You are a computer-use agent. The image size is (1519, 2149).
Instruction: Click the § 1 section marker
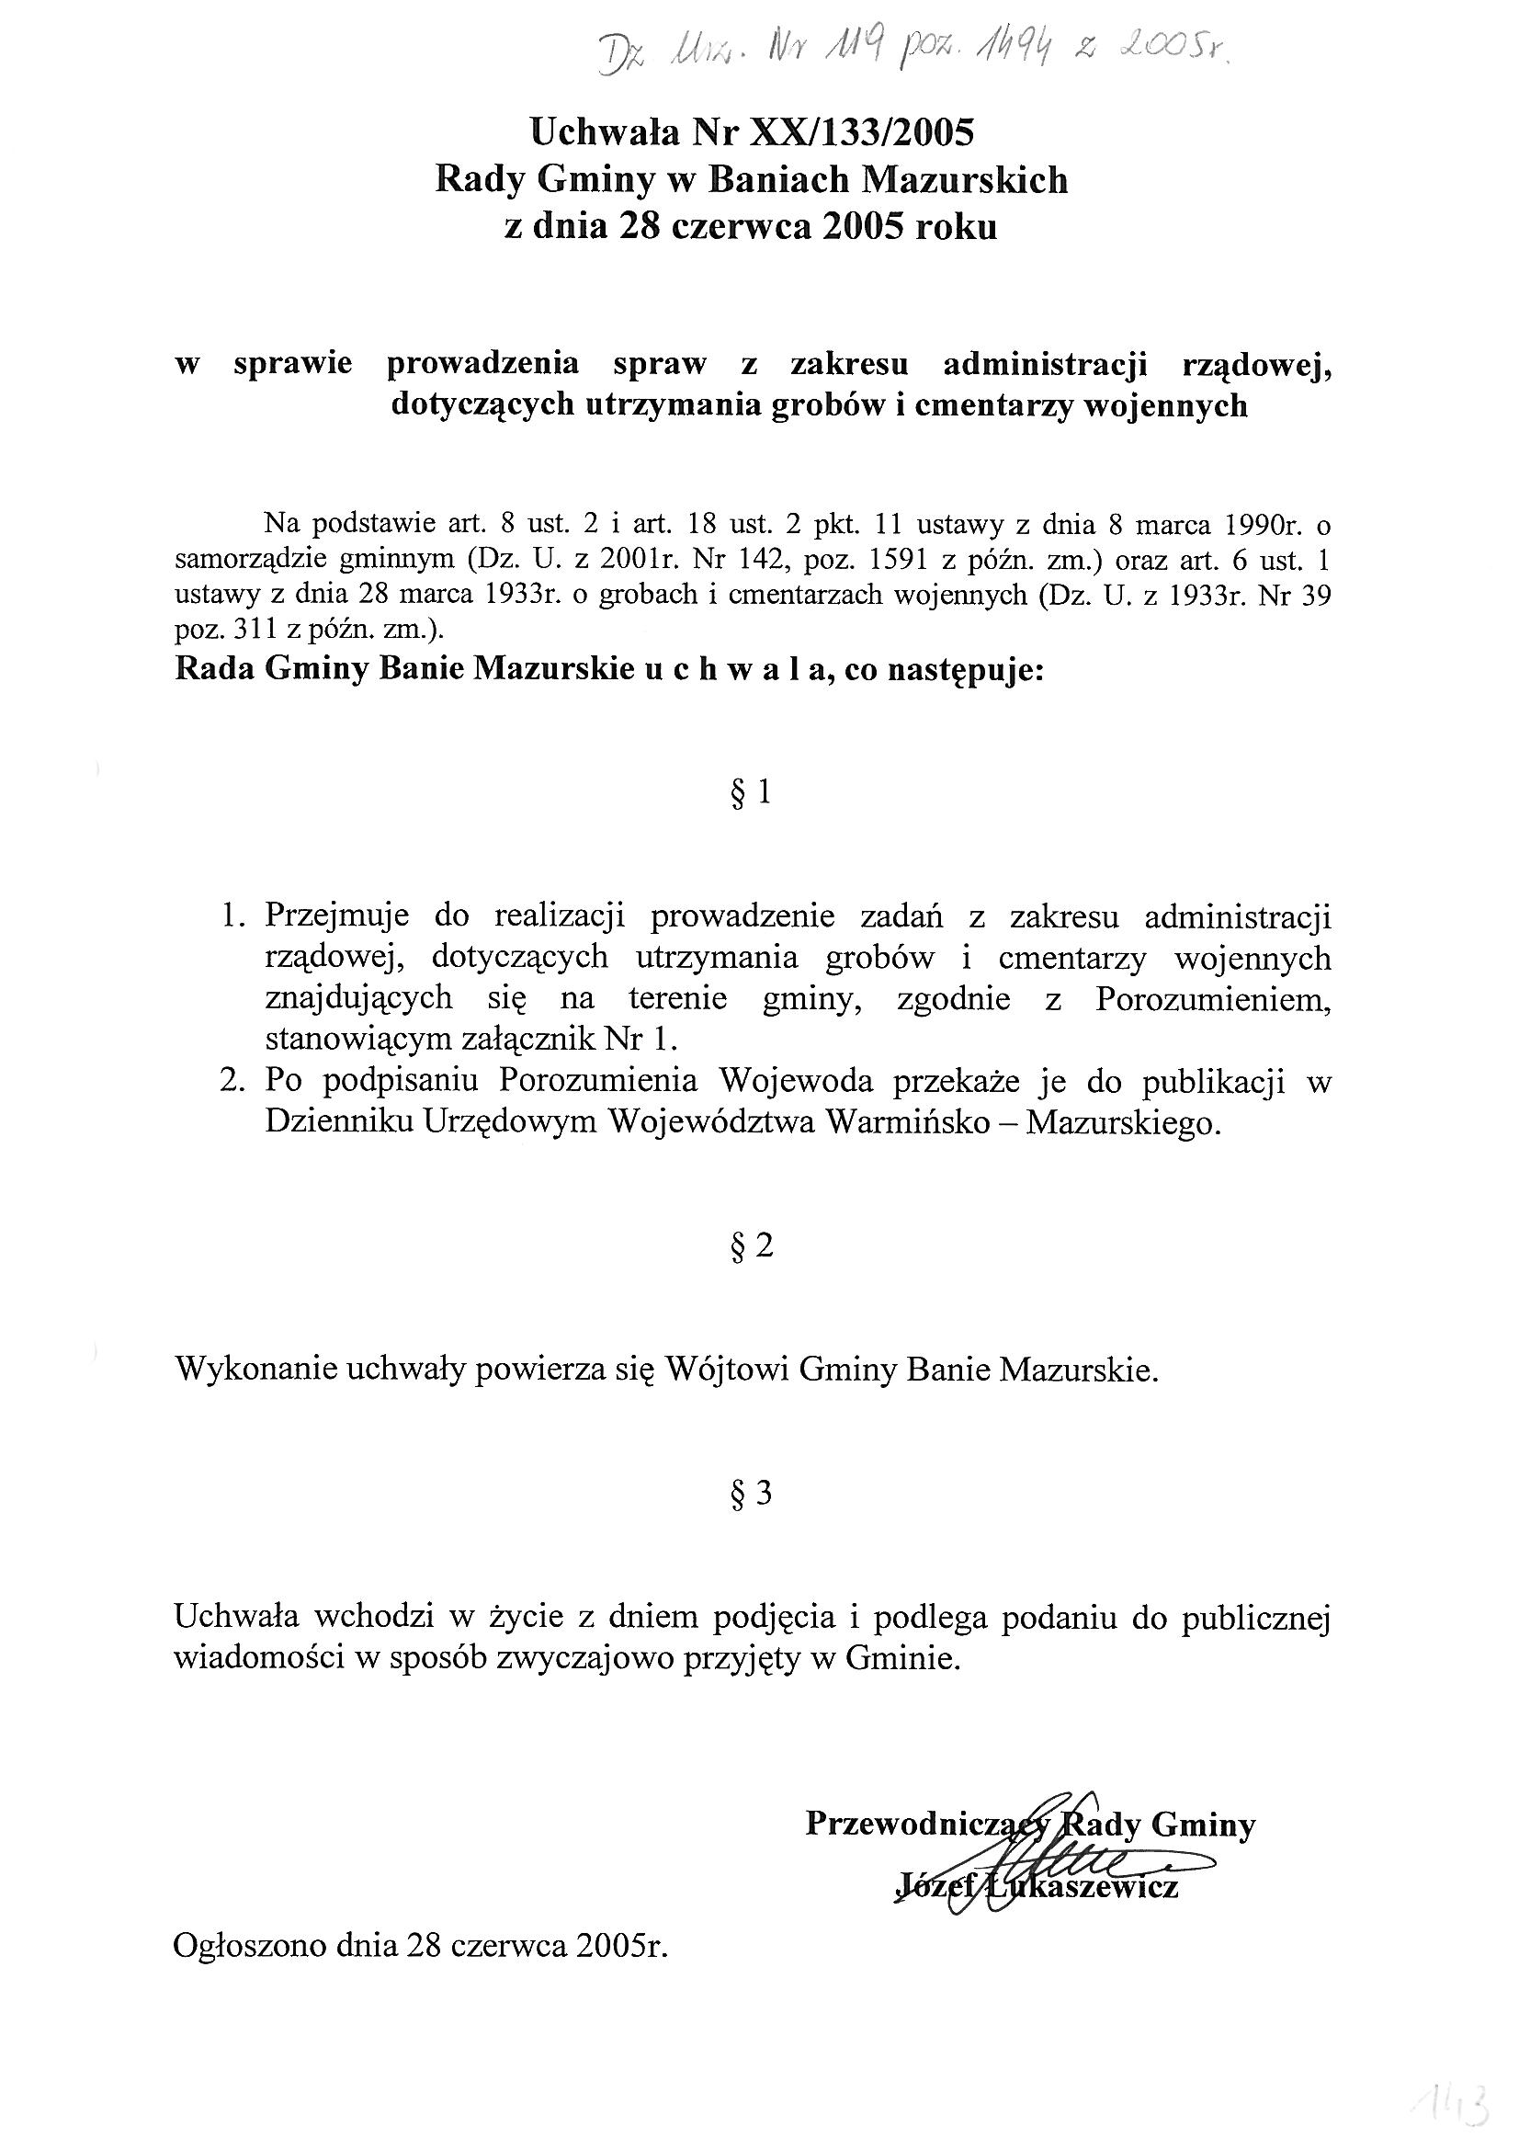[751, 795]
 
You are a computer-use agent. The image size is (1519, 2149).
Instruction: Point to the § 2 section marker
[752, 1245]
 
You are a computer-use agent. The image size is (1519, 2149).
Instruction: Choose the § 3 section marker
[752, 1494]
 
